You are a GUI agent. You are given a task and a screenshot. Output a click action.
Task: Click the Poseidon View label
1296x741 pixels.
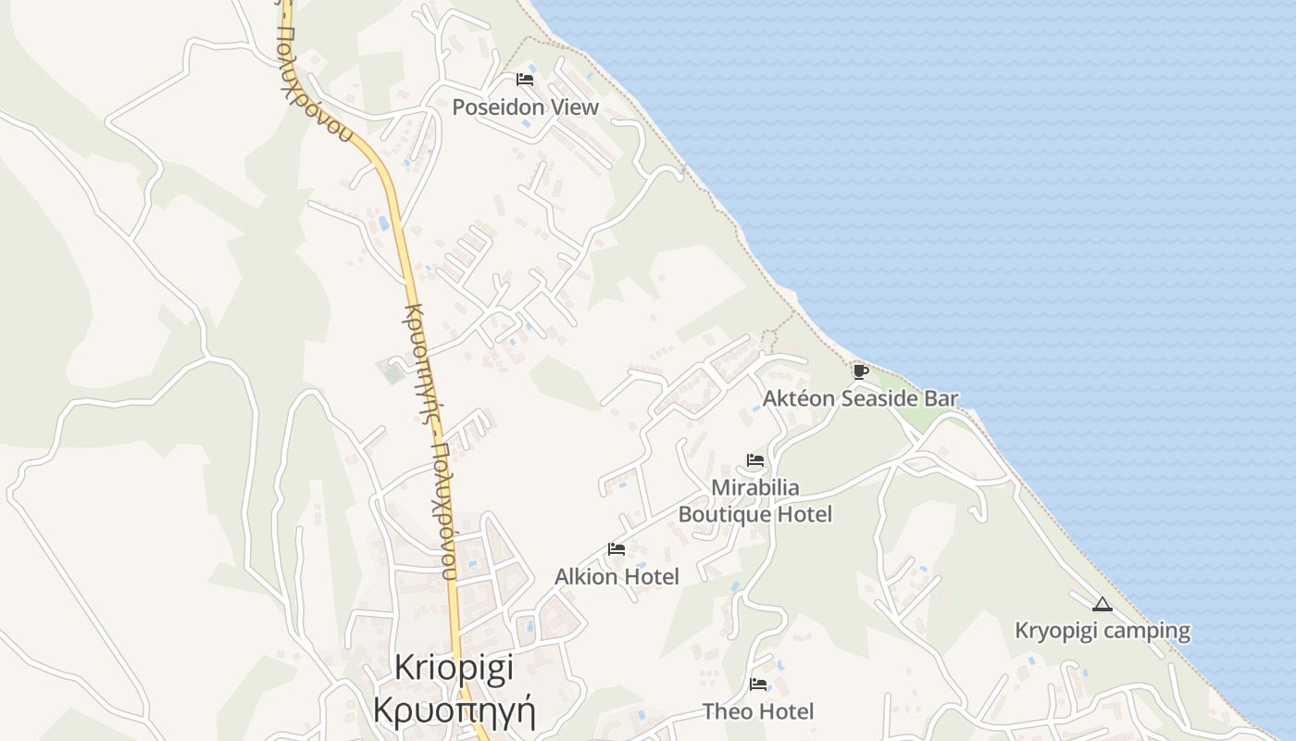(525, 107)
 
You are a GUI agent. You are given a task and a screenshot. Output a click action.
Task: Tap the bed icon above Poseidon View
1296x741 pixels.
(525, 80)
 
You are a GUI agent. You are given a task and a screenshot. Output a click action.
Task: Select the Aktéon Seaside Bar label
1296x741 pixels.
(860, 399)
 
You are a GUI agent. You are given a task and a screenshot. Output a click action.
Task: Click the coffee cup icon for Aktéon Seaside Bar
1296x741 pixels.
(860, 372)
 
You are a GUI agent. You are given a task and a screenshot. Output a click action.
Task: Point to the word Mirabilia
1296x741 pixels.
(755, 487)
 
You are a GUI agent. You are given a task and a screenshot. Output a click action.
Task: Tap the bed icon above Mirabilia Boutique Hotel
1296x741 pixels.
(755, 460)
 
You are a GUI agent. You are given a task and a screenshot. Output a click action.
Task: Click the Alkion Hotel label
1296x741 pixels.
(617, 577)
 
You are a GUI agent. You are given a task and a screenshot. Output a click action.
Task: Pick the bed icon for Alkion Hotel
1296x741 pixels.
(617, 549)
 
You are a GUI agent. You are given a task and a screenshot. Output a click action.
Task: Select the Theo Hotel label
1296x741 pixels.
(758, 711)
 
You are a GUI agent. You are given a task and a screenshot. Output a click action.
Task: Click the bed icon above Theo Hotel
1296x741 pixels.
(758, 684)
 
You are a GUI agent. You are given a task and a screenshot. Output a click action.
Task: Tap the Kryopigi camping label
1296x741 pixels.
(1102, 632)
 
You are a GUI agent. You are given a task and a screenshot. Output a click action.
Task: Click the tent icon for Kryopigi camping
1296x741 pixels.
(1102, 605)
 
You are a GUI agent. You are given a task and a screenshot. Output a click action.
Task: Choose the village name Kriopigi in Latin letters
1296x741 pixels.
(454, 669)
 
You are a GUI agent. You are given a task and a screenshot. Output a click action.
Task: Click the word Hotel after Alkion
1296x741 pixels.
(651, 577)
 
